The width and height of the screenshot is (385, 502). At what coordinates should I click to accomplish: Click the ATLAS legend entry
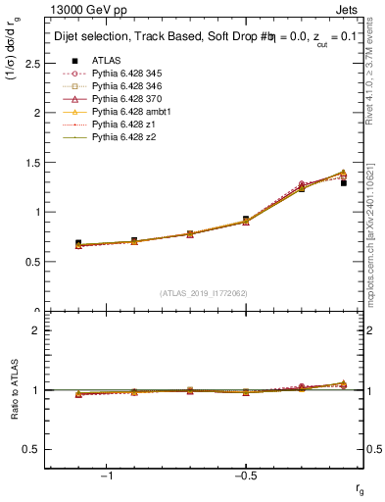(106, 60)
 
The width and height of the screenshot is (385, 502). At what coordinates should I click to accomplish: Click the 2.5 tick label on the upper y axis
(32, 63)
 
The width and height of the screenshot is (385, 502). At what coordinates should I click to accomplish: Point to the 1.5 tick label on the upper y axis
(32, 163)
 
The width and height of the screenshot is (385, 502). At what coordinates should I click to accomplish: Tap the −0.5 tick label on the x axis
(245, 476)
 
